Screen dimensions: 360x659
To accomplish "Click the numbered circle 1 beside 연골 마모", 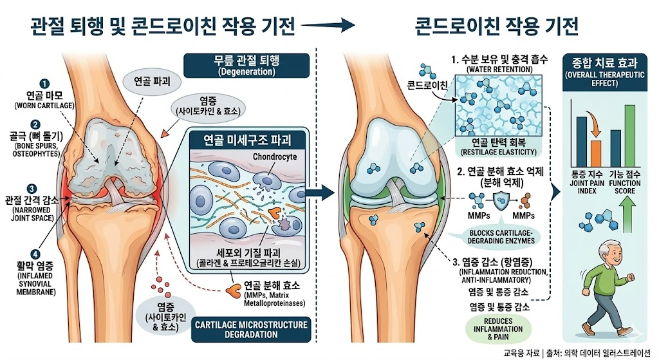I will (44, 83).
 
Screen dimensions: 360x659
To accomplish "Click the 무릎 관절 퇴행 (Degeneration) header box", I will (246, 66).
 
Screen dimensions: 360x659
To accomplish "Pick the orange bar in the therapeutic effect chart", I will (596, 153).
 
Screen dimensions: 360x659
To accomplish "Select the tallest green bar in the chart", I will (629, 134).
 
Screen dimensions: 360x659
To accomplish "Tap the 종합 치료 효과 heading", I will (600, 63).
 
